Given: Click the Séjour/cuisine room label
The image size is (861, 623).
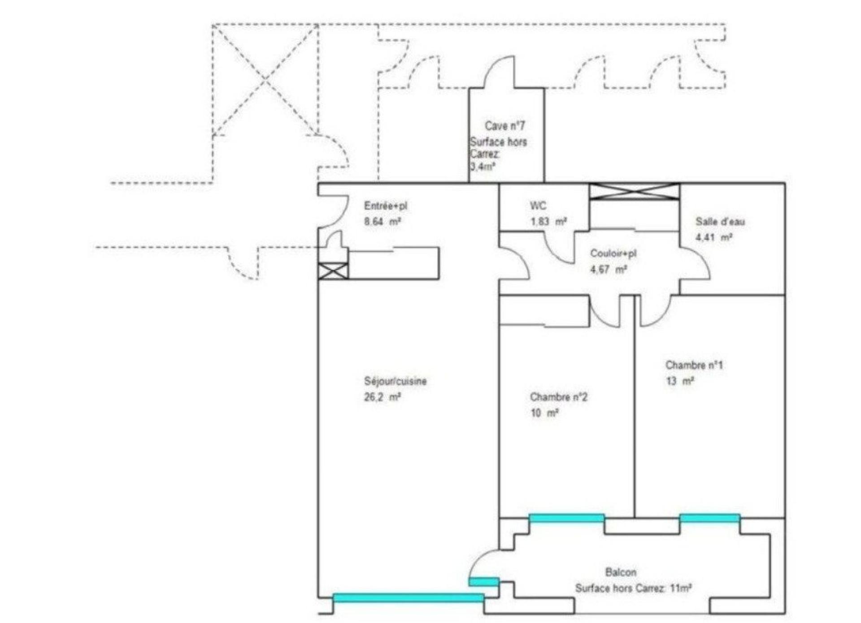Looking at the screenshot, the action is (x=395, y=381).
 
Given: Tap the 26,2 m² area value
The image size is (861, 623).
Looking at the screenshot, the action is (x=382, y=397).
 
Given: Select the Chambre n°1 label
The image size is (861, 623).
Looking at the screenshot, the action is (x=694, y=365).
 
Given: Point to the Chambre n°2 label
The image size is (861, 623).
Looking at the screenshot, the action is (x=559, y=397).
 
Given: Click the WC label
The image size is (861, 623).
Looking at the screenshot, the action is (x=538, y=206).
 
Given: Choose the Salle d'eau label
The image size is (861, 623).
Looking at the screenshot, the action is (x=720, y=221).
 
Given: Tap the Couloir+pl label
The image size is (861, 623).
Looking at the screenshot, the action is (x=613, y=253).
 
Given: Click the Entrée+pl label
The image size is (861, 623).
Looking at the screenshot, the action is (x=386, y=206).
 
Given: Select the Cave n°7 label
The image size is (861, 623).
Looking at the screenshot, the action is (x=504, y=126).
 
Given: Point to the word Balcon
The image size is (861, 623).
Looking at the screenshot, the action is (x=621, y=572).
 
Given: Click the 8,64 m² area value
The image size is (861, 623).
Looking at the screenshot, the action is (x=382, y=221).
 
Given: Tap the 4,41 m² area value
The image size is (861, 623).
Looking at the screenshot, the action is (x=714, y=237).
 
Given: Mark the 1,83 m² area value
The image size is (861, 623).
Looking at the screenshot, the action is (x=548, y=221).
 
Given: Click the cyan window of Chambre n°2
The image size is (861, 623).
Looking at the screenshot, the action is (x=567, y=518).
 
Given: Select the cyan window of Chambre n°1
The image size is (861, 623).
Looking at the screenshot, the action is (x=710, y=518).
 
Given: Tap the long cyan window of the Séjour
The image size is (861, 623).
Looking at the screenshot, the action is (x=409, y=597).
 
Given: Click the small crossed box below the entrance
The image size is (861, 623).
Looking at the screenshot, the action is (x=333, y=271).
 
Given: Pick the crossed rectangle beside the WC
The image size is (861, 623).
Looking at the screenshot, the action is (x=635, y=191).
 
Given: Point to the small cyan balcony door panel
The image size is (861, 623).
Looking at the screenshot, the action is (x=484, y=581).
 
